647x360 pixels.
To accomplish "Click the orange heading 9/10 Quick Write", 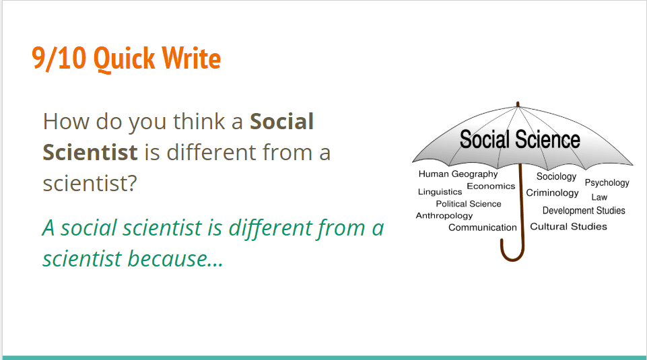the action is [127, 58].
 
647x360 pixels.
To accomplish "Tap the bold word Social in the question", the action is [282, 121].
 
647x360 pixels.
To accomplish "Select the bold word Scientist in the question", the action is [90, 152].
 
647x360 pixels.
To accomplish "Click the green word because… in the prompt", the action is [176, 258].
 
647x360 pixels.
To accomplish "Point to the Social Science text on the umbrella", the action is [520, 139].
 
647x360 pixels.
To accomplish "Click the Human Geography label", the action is [458, 174].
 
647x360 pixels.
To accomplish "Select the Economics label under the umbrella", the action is [491, 186].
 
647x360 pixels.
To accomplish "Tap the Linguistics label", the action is [440, 192].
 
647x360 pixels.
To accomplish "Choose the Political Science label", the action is [469, 204].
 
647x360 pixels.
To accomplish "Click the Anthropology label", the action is [444, 216].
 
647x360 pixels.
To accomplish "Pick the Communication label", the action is [482, 227].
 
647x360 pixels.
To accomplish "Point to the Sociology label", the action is [556, 176].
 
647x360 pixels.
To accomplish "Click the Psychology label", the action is [607, 182].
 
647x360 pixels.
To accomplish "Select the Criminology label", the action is [552, 193].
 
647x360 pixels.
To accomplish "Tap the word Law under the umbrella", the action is [599, 197].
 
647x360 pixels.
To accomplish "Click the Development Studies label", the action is [584, 211].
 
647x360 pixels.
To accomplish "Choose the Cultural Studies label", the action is [569, 226].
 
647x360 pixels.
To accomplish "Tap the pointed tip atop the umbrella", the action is [518, 104].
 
